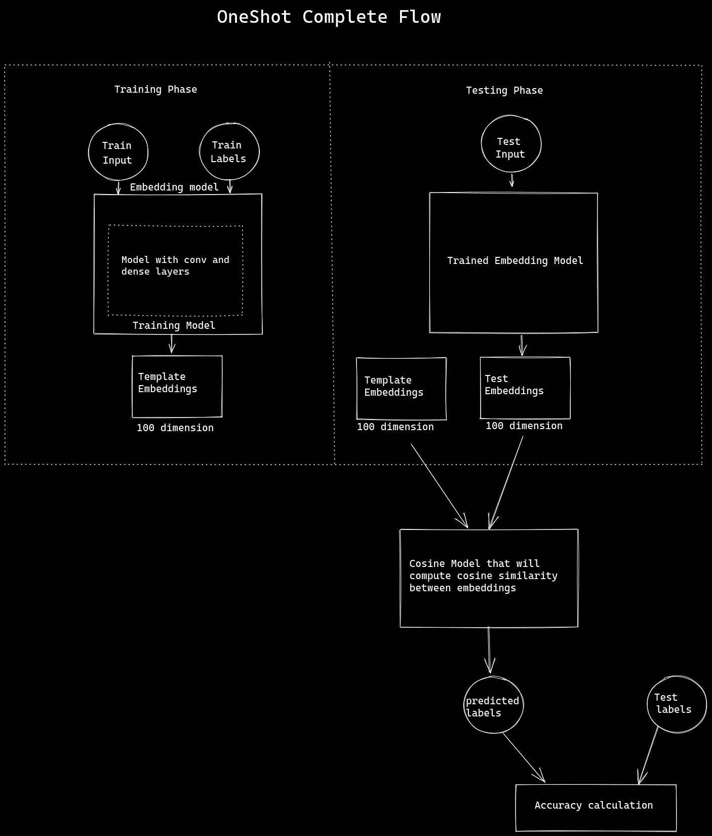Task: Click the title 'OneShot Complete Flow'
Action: click(329, 17)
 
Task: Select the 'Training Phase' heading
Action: click(155, 90)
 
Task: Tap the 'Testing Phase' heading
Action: click(504, 91)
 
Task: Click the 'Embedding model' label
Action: click(174, 187)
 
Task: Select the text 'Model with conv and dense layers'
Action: click(175, 265)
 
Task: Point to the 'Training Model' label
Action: click(174, 325)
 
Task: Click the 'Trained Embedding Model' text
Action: click(515, 260)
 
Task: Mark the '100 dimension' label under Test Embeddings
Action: click(524, 426)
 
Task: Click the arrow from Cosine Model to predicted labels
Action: click(489, 651)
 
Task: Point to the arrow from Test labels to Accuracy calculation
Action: click(649, 755)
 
